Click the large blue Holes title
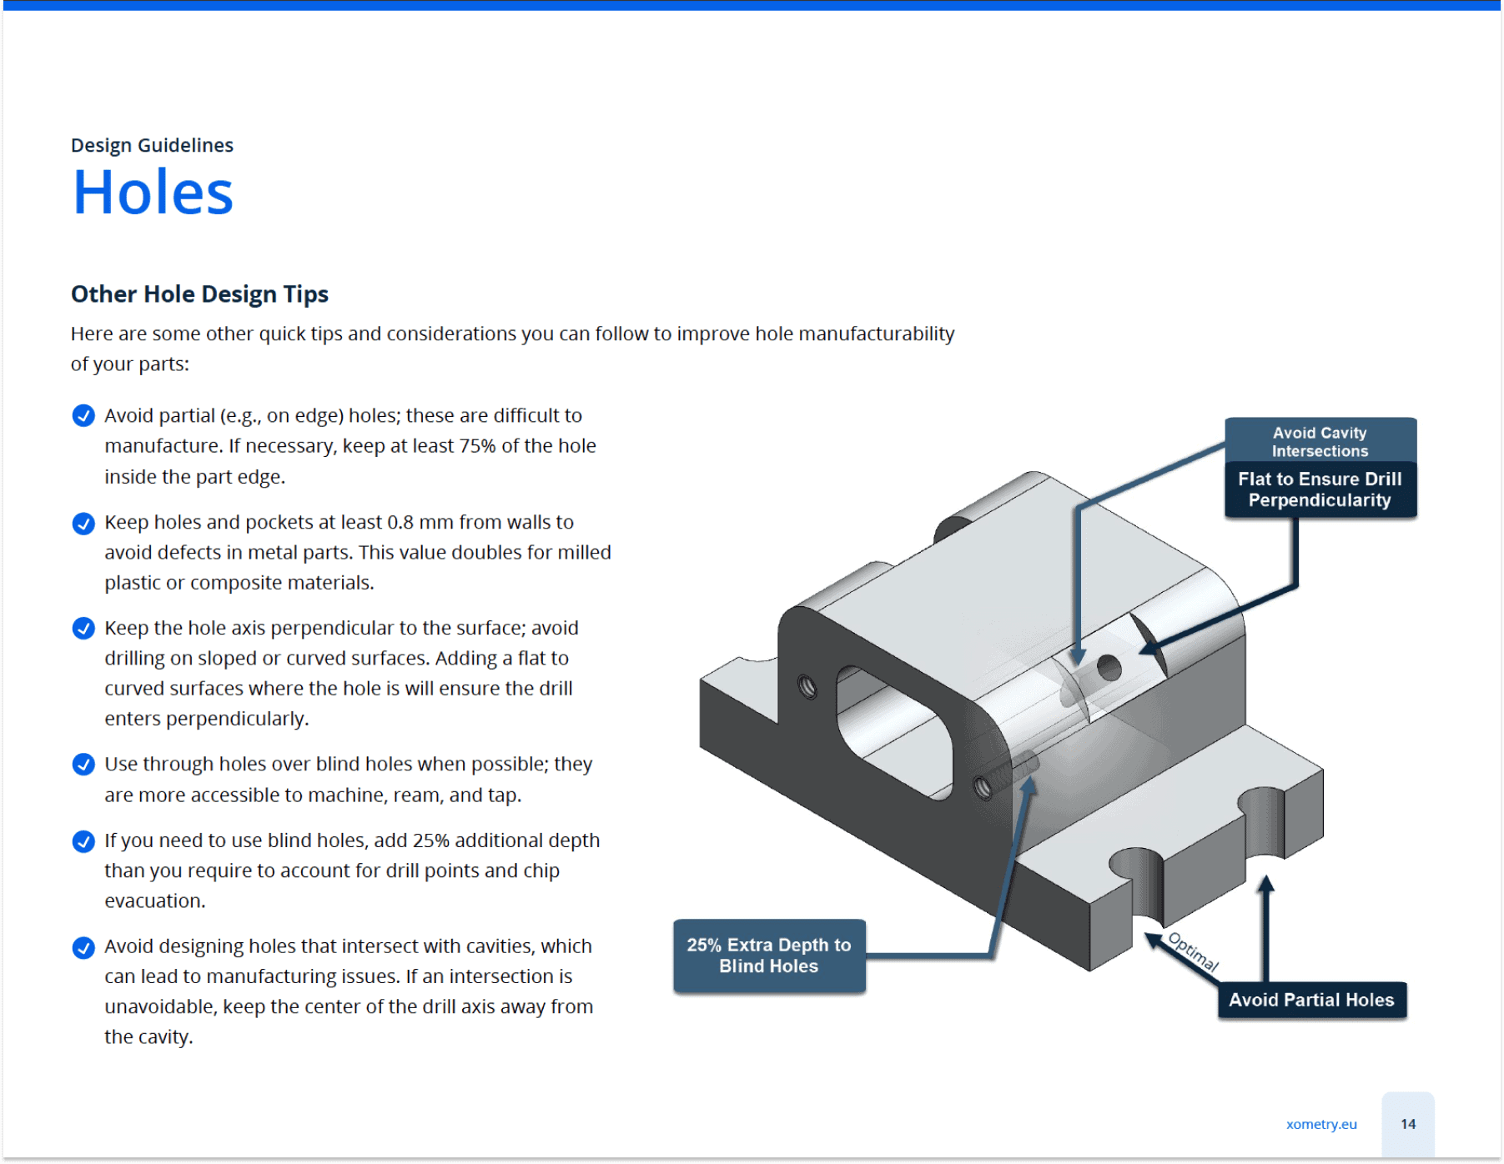coord(153,193)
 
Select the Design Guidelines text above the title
coord(152,145)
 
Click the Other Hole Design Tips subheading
coord(199,294)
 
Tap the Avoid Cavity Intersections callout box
coord(1320,441)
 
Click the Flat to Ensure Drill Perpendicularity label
coord(1320,489)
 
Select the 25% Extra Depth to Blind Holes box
coord(768,956)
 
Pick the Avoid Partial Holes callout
coord(1311,1000)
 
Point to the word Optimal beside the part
coord(1193,951)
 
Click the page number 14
coord(1408,1124)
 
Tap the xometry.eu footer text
coord(1321,1124)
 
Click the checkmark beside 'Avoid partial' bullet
coord(83,415)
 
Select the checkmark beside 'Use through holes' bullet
coord(83,764)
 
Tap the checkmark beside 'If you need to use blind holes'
coord(83,840)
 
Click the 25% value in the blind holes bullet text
coord(430,840)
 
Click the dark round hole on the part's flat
coord(1109,667)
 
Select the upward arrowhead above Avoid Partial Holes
coord(1265,885)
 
